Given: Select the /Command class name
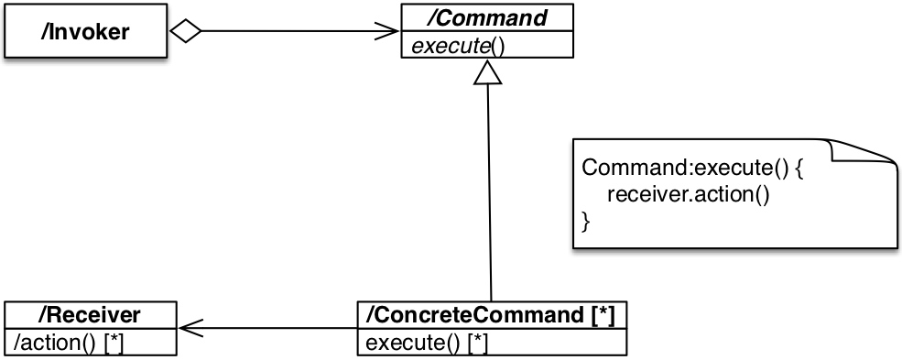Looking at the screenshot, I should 485,17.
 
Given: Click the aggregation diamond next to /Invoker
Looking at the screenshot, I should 186,32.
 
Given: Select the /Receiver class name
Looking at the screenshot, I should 89,316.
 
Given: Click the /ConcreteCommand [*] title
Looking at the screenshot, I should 491,316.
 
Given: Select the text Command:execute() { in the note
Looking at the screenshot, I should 692,169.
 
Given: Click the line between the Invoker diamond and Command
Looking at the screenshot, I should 293,32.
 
